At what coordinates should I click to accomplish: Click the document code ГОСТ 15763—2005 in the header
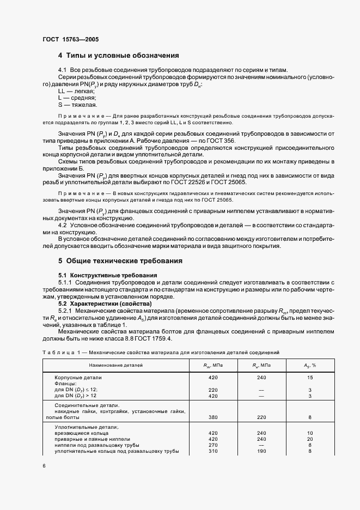70,39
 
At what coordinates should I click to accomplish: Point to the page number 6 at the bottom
44,466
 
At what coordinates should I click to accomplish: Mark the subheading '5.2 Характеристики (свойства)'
103,303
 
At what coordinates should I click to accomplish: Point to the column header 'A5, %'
310,364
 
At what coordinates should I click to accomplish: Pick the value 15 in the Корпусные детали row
309,377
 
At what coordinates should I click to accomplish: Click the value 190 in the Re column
261,451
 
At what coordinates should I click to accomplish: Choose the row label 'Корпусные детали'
78,377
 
